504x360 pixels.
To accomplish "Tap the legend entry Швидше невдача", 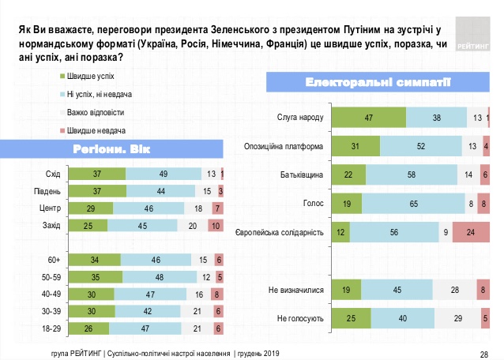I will [x=94, y=129].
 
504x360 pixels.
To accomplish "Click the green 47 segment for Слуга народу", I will [x=369, y=118].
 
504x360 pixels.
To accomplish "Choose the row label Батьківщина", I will [x=303, y=175].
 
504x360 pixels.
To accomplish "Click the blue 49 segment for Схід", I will [x=163, y=174].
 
